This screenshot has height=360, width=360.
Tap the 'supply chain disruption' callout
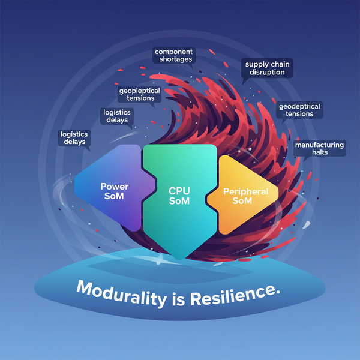click(x=268, y=68)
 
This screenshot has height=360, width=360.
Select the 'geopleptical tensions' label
click(x=136, y=94)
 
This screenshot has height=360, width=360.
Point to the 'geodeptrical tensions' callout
click(x=299, y=110)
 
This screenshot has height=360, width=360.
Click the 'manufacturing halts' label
click(x=319, y=148)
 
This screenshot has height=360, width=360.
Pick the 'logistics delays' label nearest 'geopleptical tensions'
click(x=117, y=115)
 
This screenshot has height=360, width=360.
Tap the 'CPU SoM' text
click(x=179, y=196)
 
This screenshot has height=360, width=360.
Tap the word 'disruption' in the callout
click(x=268, y=72)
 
